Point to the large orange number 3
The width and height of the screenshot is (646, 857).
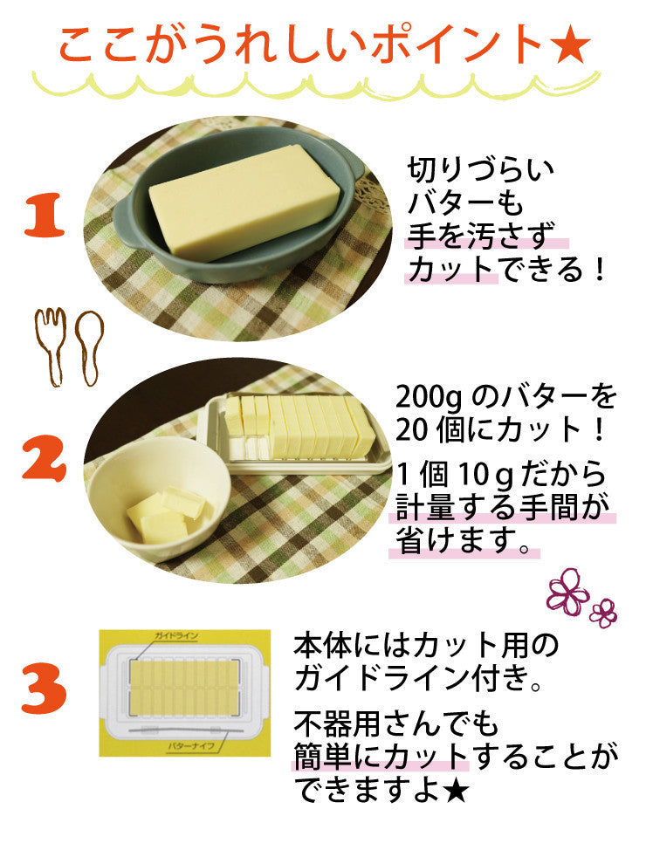[44, 688]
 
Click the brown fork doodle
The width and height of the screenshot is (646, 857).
[51, 346]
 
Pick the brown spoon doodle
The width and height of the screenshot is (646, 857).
[89, 347]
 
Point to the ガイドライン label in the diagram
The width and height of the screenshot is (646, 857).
[176, 636]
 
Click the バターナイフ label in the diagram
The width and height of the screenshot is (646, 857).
[190, 745]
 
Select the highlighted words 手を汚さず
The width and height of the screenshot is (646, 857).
[481, 237]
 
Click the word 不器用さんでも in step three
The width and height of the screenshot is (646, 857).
[395, 723]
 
